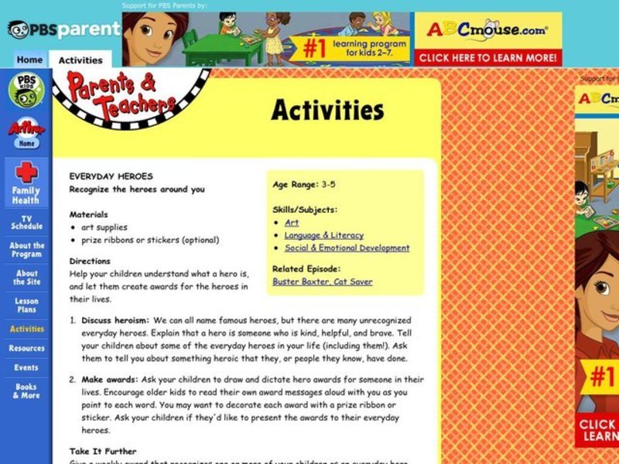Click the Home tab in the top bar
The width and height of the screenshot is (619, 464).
(x=29, y=60)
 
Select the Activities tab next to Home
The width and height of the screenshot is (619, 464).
(x=80, y=60)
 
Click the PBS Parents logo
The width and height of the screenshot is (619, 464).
(x=63, y=29)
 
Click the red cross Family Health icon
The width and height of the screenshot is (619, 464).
(x=26, y=172)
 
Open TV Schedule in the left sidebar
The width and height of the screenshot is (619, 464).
(x=26, y=223)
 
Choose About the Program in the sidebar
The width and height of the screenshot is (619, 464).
(x=26, y=250)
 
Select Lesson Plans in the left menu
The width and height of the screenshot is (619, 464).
(x=26, y=305)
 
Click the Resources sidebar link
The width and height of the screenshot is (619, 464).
(x=26, y=348)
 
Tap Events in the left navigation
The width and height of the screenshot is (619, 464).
(x=26, y=367)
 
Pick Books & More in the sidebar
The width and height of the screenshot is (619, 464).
(x=26, y=391)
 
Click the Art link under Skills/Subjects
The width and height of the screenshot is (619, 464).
(x=291, y=223)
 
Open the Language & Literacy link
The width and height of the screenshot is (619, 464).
(x=323, y=235)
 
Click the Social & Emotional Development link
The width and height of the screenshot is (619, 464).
(x=347, y=248)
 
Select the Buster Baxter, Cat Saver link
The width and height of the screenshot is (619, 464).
(x=322, y=282)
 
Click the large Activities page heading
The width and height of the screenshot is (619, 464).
(x=327, y=111)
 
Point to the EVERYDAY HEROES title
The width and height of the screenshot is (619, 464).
(x=111, y=176)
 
